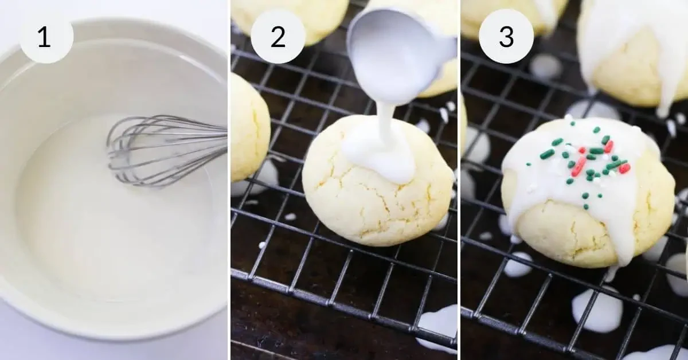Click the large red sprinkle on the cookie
point(578,166)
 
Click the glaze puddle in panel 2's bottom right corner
point(439,327)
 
